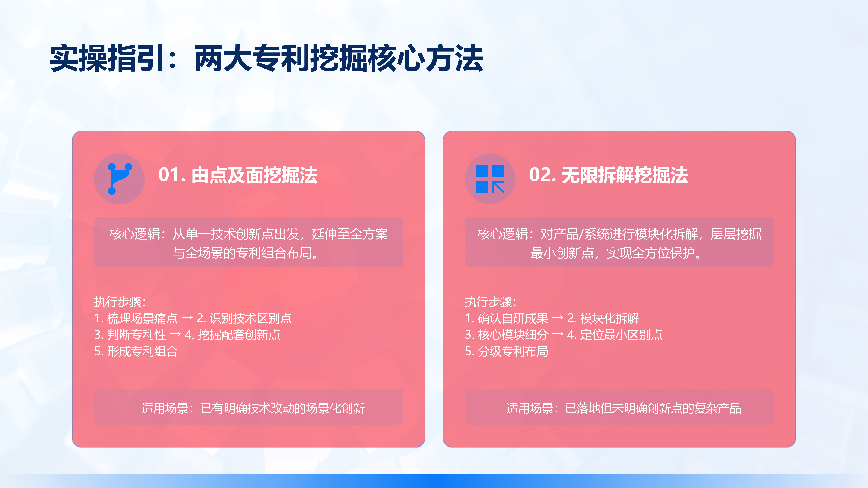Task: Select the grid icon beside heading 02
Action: (x=490, y=179)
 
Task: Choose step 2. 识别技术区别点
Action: (x=244, y=318)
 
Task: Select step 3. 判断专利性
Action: (x=130, y=334)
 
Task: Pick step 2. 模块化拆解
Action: (x=603, y=318)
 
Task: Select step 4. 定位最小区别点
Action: (x=615, y=334)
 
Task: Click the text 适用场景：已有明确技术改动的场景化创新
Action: (x=253, y=408)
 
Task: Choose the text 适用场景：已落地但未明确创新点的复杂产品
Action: (x=624, y=408)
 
